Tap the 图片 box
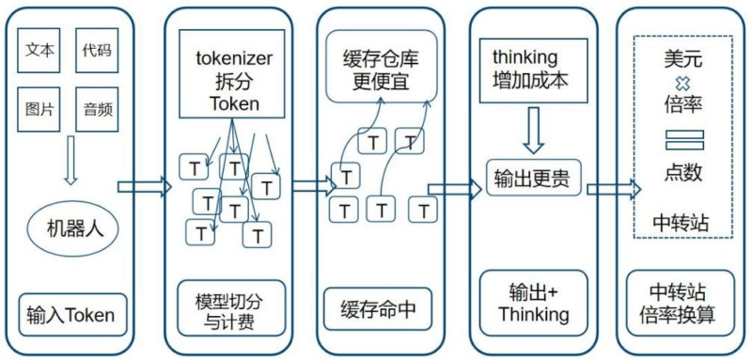click(39, 109)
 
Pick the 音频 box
click(96, 109)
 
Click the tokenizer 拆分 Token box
click(232, 78)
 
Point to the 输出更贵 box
click(532, 176)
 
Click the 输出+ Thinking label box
click(532, 302)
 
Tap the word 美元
click(679, 57)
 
